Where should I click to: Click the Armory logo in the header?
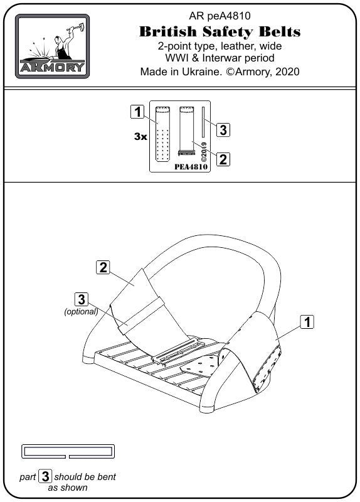point(52,46)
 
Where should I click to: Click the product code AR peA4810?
point(220,16)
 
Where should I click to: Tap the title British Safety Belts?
point(220,31)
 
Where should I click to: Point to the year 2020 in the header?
point(287,72)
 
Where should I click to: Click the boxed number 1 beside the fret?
point(137,112)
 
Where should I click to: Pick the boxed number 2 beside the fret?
point(223,159)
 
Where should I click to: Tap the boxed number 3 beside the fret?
point(223,130)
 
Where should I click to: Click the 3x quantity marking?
point(140,136)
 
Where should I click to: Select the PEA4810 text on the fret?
point(191,167)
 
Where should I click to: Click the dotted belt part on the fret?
point(162,134)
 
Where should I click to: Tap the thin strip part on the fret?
point(203,121)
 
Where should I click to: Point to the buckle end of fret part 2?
point(186,152)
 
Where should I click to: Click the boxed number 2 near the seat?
point(103,267)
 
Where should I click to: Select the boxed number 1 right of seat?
point(307,322)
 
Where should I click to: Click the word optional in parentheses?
point(81,311)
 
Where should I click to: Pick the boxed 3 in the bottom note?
point(45,476)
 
